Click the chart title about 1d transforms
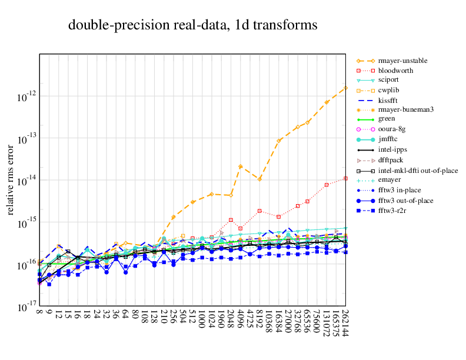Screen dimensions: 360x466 click(x=193, y=25)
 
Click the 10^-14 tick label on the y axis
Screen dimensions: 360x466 click(x=24, y=182)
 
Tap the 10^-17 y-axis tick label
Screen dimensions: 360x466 click(x=24, y=308)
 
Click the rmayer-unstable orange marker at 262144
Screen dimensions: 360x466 click(x=345, y=88)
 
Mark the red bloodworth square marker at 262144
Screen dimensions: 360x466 click(x=345, y=178)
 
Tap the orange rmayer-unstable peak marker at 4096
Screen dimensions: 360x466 click(x=241, y=166)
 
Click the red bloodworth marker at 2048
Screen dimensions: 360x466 click(x=231, y=220)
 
